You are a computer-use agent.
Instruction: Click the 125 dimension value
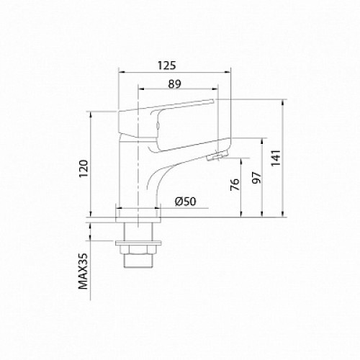[167, 66]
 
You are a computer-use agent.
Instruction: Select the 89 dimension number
[174, 84]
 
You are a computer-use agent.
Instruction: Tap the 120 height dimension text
[84, 168]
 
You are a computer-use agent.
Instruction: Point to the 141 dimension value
[276, 158]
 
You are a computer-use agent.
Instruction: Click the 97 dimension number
[256, 178]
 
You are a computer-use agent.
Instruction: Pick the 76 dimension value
[235, 184]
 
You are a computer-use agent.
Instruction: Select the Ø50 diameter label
[186, 202]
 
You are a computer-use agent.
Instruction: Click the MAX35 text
[83, 271]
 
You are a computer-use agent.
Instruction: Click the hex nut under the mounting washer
[138, 250]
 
